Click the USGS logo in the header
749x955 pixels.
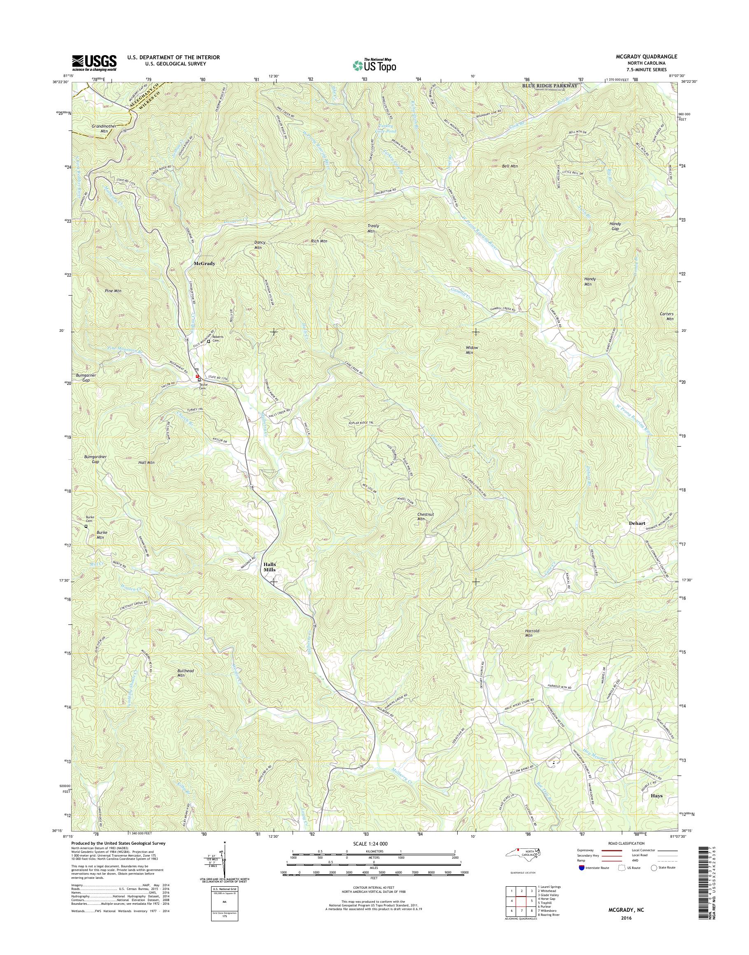[x=94, y=62]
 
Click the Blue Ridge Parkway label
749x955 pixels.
[x=549, y=86]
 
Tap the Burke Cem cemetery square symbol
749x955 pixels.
[x=86, y=526]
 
